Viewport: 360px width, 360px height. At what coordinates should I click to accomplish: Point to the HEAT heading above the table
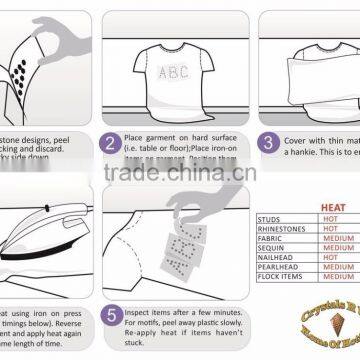click(x=334, y=207)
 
